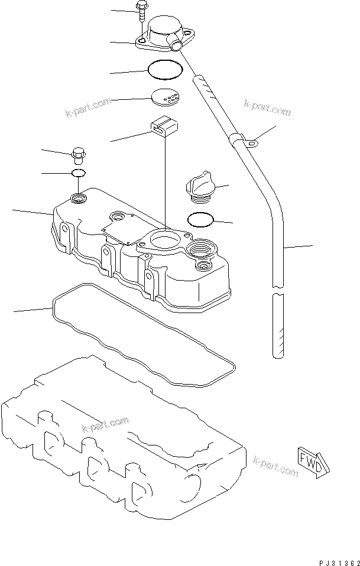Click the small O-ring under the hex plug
[78, 173]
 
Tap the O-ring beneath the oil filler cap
[199, 219]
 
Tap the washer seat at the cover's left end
[77, 197]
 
